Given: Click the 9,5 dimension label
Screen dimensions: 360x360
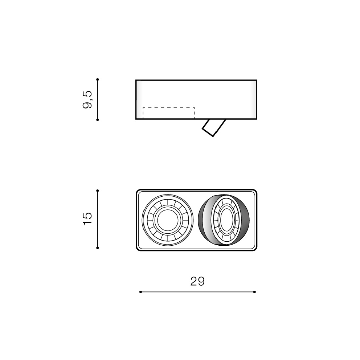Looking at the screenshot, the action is [87, 100].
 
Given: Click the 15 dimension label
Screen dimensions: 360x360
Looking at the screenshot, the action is [87, 219].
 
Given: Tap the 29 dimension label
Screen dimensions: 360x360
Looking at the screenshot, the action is [197, 281].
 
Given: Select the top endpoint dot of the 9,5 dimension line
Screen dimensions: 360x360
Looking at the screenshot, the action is [98, 79].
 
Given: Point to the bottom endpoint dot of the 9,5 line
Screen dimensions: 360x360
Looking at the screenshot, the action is [98, 120].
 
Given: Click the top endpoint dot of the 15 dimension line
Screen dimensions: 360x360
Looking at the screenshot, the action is [98, 191].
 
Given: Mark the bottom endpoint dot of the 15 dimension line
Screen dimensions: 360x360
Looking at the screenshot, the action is [98, 248].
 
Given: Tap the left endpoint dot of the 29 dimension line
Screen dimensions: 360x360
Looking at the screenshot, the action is [140, 292].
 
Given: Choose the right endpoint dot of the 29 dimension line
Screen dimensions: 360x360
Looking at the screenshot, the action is [254, 292].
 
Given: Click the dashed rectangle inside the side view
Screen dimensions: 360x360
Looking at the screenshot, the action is [169, 107].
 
